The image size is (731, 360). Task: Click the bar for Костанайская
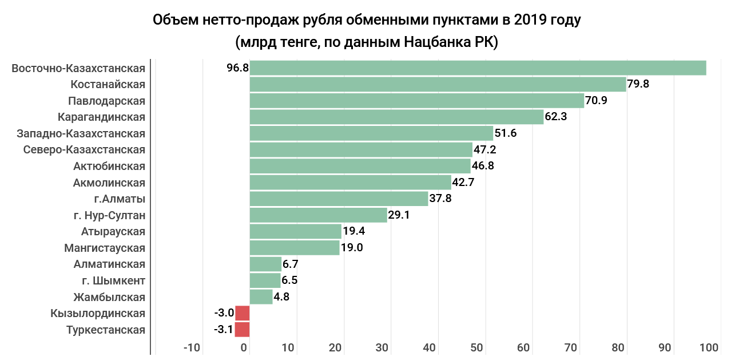[438, 85]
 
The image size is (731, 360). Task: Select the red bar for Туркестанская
[243, 330]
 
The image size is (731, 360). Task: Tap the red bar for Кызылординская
[243, 313]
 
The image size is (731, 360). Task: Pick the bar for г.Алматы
[339, 199]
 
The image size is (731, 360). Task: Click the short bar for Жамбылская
[261, 297]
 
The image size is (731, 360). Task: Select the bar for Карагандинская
[396, 117]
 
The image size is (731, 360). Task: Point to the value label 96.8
[237, 68]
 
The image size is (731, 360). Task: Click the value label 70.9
[596, 101]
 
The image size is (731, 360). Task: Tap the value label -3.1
[223, 330]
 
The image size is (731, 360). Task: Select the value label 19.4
[353, 231]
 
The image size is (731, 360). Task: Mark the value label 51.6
[505, 133]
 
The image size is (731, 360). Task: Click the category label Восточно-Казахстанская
[78, 68]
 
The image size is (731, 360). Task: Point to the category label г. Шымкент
[113, 281]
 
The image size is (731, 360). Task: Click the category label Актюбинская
[109, 167]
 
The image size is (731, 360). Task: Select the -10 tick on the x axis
[192, 348]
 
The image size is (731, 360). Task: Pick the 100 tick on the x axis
[709, 348]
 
